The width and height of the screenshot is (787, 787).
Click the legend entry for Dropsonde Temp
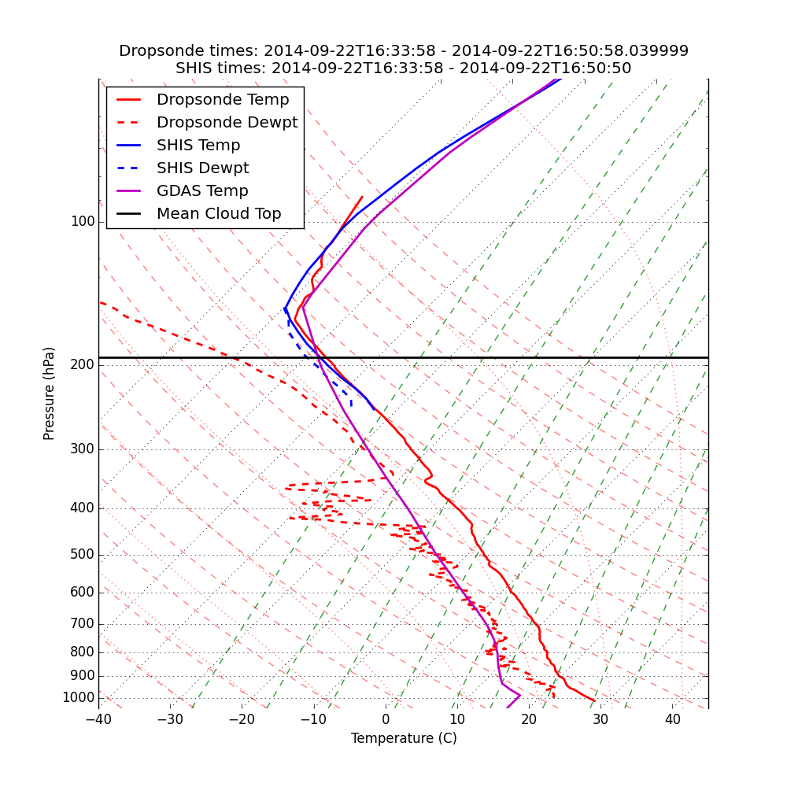point(223,100)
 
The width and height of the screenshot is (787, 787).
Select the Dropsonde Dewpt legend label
point(227,123)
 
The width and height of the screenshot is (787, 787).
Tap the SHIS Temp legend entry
point(198,146)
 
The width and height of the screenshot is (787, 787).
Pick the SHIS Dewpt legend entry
point(202,168)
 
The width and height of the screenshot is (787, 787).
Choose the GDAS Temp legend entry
point(202,191)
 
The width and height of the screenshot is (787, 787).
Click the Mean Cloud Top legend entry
point(219,214)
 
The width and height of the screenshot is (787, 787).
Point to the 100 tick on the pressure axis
point(83,222)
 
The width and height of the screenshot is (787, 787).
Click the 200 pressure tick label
point(83,365)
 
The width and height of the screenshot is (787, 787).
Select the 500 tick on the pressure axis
point(83,555)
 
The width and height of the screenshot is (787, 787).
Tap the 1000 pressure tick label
point(79,698)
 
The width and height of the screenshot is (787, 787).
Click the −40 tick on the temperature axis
point(98,719)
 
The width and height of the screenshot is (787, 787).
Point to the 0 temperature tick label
point(386,719)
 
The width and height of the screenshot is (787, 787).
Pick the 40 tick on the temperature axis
point(672,719)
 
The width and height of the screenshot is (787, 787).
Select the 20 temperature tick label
point(529,719)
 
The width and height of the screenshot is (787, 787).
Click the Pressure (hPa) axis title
point(50,393)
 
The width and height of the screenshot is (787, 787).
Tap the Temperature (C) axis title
point(404,738)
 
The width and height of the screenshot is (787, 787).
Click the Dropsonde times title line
point(404,51)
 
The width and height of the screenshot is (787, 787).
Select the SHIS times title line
point(404,68)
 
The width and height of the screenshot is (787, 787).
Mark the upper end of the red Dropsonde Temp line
point(362,197)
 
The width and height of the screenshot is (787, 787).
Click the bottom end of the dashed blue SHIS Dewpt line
point(351,407)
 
